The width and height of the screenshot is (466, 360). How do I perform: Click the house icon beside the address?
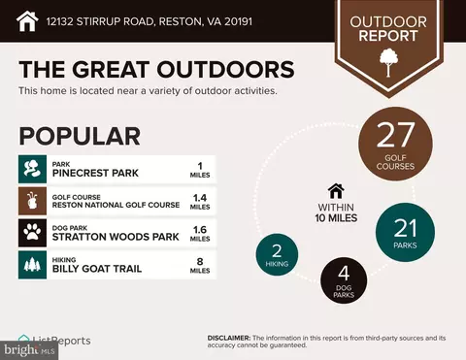pyautogui.click(x=27, y=19)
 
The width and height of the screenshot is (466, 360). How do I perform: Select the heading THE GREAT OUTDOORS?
pyautogui.click(x=156, y=70)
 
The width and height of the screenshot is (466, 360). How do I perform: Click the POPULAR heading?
pyautogui.click(x=80, y=136)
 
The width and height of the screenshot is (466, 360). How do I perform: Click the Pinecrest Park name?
pyautogui.click(x=94, y=172)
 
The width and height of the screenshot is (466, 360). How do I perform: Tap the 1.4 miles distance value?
pyautogui.click(x=199, y=200)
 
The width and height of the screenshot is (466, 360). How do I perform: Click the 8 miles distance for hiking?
pyautogui.click(x=199, y=264)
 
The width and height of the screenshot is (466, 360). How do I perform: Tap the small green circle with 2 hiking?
pyautogui.click(x=277, y=254)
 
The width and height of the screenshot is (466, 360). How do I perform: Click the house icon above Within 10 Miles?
pyautogui.click(x=336, y=190)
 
